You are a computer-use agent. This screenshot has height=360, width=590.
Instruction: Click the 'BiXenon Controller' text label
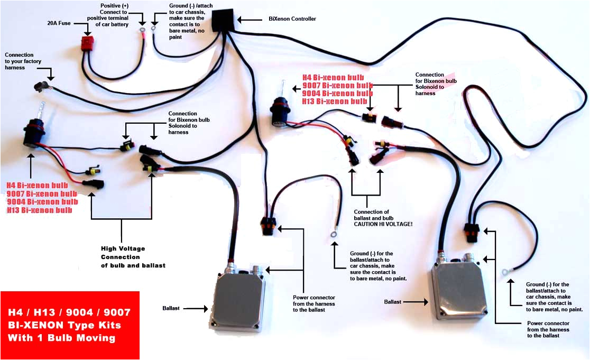pyautogui.click(x=292, y=19)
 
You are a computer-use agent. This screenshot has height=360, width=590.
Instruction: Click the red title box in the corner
pyautogui.click(x=70, y=324)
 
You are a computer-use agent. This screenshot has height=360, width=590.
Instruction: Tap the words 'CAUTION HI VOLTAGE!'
pyautogui.click(x=383, y=224)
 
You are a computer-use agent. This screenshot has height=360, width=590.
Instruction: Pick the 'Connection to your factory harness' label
pyautogui.click(x=20, y=61)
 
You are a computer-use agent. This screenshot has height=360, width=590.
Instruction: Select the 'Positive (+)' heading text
pyautogui.click(x=115, y=6)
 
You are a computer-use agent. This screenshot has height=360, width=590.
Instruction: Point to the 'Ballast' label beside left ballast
pyautogui.click(x=173, y=307)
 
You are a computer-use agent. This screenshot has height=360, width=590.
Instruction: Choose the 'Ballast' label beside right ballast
pyautogui.click(x=392, y=302)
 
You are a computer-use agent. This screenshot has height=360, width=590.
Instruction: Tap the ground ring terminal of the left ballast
pyautogui.click(x=334, y=232)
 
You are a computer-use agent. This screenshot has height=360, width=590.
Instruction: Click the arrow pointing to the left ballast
pyautogui.click(x=196, y=307)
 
